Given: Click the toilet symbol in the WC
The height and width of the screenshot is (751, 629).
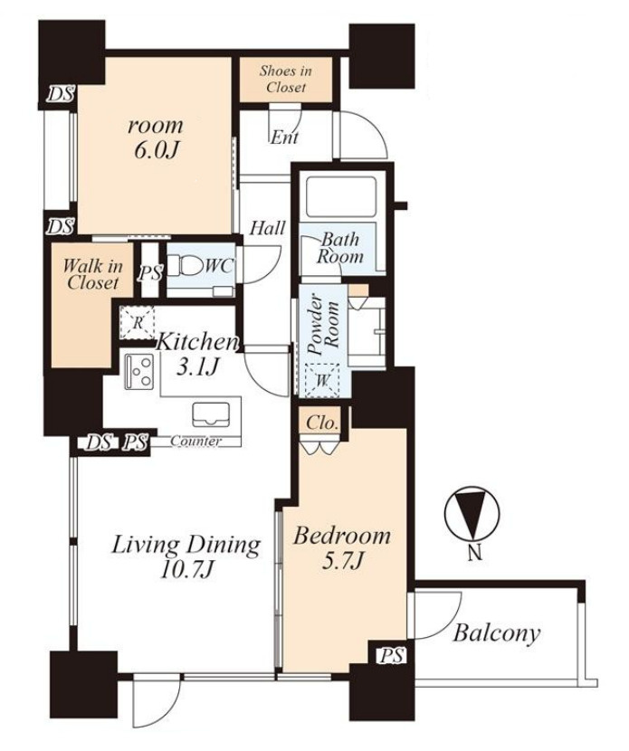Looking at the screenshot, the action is coord(189,265).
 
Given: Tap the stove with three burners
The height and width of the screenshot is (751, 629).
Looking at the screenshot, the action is coord(139,371).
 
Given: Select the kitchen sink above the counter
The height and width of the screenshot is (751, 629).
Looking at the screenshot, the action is coord(210,414).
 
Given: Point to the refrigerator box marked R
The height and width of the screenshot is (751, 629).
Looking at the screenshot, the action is coord(138,322).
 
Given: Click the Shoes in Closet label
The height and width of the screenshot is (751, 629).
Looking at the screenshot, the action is coord(285,79).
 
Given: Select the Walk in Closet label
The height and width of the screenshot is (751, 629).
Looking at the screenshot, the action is coord(93,274).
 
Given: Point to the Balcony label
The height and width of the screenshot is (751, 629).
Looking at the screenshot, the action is coord(496,633).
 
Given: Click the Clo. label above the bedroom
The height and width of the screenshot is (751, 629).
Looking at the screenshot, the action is coord(322,423).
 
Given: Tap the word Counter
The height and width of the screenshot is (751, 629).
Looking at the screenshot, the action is coord(195,442).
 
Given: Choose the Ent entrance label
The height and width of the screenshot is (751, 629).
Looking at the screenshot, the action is coord(284,138).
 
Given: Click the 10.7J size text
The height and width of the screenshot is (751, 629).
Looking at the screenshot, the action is coord(186,570).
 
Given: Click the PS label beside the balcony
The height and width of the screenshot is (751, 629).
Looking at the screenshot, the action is coord(392,655).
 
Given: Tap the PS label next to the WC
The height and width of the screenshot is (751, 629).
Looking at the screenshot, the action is coord(150,273).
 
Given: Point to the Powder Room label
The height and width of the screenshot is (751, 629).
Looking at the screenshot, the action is coord(324,325).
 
